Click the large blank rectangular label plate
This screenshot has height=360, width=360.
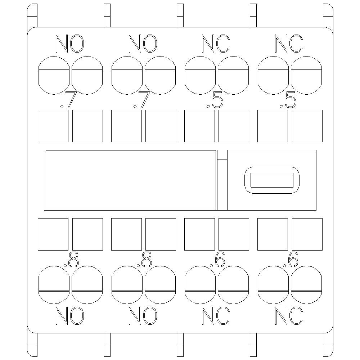[x=130, y=180]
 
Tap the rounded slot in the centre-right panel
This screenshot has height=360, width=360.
[x=272, y=180]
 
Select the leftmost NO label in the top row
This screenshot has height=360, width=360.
[x=70, y=44]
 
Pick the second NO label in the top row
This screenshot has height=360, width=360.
[x=143, y=44]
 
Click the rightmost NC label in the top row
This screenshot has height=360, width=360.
[x=288, y=44]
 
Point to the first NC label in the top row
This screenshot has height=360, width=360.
[x=216, y=44]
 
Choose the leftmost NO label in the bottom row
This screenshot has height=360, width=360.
[x=70, y=316]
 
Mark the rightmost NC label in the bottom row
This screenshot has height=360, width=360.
[x=288, y=316]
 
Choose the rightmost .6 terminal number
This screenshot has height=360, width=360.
[x=291, y=260]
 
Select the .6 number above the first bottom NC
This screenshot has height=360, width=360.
[x=217, y=260]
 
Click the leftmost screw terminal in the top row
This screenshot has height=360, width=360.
[x=53, y=75]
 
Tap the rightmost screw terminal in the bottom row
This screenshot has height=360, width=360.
[x=306, y=285]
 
